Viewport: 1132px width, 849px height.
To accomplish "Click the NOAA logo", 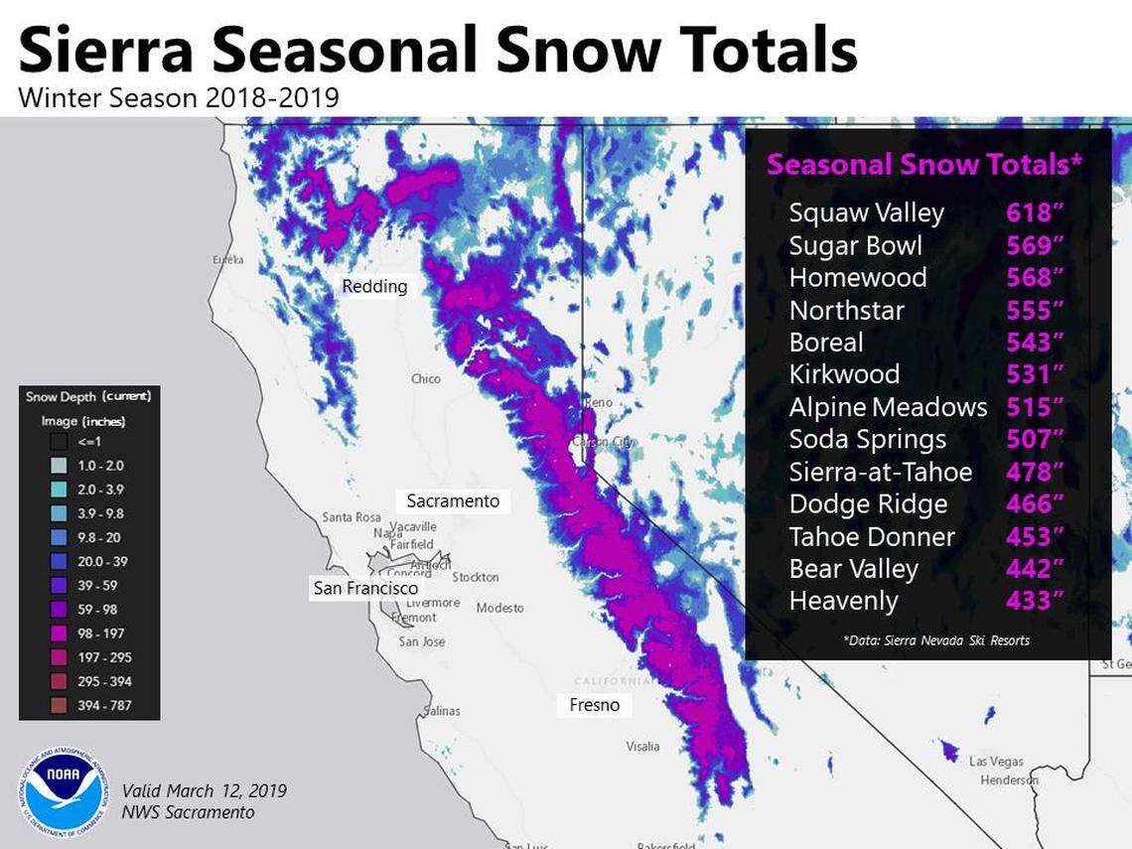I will click(x=64, y=791).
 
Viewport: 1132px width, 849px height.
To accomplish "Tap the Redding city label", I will click(x=374, y=287).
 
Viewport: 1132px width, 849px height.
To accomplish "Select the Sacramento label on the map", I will click(x=453, y=501).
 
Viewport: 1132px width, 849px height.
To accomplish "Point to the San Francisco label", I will click(x=365, y=588).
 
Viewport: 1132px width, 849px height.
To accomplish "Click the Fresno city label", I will click(x=594, y=705).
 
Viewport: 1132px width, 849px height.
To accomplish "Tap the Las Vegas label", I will click(x=995, y=761).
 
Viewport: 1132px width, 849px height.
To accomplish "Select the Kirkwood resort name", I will click(x=844, y=374).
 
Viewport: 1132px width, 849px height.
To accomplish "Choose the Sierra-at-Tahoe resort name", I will click(x=880, y=472).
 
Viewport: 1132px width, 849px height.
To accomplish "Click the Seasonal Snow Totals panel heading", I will click(x=923, y=165).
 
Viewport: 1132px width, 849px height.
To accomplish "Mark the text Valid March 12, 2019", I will click(x=204, y=791).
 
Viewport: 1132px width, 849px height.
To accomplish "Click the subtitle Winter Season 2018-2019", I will click(x=179, y=98).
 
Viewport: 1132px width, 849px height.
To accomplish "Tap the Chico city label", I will click(x=425, y=378).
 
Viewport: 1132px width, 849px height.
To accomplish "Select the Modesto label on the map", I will click(x=499, y=608).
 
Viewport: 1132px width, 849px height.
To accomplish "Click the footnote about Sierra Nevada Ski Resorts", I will click(x=935, y=640).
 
